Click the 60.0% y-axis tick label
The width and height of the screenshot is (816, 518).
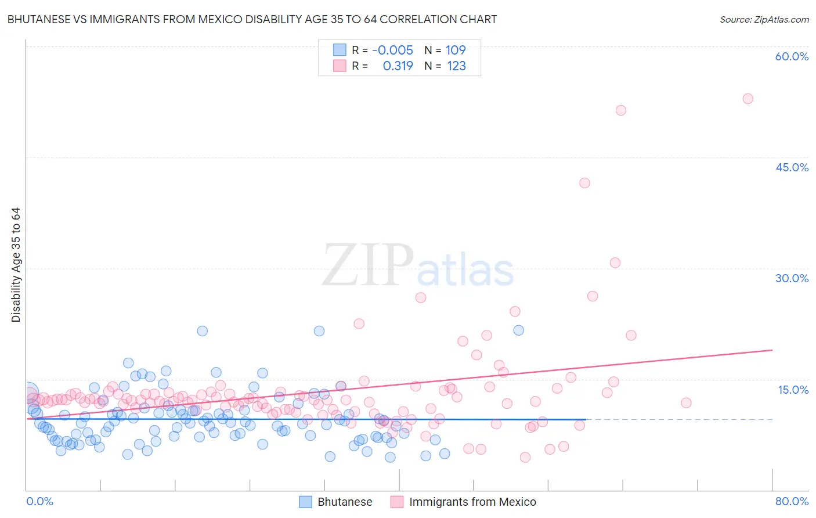(x=792, y=56)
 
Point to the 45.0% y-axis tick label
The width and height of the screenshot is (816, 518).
(x=792, y=167)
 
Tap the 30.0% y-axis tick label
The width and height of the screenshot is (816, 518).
(x=792, y=278)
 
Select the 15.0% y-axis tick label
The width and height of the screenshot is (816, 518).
(x=793, y=389)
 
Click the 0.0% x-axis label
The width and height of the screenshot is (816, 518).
(x=39, y=501)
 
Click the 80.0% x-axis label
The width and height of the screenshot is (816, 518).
(x=792, y=501)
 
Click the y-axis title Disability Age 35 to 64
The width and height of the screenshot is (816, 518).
(x=16, y=265)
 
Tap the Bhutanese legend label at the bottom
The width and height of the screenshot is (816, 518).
(x=345, y=502)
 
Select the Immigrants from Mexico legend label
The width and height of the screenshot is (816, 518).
(x=472, y=502)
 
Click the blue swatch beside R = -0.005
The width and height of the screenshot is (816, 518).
(x=340, y=50)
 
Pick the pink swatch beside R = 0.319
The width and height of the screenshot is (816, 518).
(x=340, y=66)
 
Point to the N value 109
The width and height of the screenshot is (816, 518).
(x=456, y=50)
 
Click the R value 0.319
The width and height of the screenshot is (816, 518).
(x=398, y=66)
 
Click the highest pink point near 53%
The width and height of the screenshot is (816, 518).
(x=748, y=99)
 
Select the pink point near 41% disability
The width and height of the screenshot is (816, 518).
(x=584, y=183)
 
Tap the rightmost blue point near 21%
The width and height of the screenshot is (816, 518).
(x=519, y=330)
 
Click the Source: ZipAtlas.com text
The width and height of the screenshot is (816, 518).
(x=764, y=19)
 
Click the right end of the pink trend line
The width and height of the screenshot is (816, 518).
(x=772, y=350)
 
